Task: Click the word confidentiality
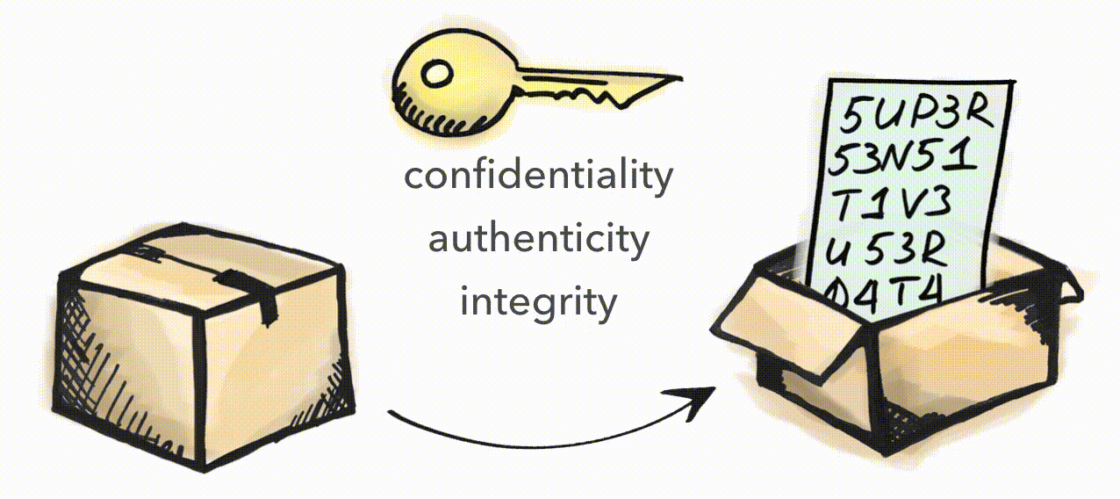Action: [x=539, y=177]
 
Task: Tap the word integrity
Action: [x=539, y=303]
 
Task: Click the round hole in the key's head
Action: [x=437, y=75]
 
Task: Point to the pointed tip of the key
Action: [x=680, y=77]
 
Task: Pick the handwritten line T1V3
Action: [x=893, y=204]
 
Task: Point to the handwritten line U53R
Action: [x=886, y=250]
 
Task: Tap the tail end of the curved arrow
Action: [x=390, y=412]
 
